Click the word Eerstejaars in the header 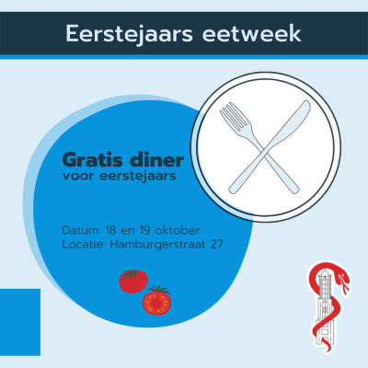[129, 34]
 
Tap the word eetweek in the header [252, 33]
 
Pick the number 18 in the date [110, 230]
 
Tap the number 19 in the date [144, 230]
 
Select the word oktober [178, 230]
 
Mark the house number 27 [216, 245]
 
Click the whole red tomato [133, 281]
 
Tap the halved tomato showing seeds [156, 300]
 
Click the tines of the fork [233, 116]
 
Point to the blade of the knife [292, 121]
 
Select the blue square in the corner [20, 322]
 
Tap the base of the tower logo [324, 337]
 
